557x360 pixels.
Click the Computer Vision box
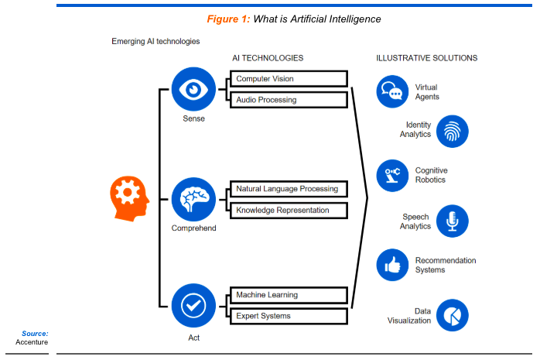(x=288, y=79)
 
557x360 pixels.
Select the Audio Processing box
(x=288, y=99)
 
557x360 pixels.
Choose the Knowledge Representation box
(x=288, y=210)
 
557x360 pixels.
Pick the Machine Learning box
(x=288, y=295)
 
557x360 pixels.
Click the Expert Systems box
(x=288, y=315)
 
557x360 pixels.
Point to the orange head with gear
(x=130, y=197)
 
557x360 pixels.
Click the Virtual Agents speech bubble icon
(x=392, y=91)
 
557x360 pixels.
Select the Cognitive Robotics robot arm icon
(x=392, y=175)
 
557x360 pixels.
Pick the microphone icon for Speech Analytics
(x=453, y=221)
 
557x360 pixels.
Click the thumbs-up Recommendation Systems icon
(x=392, y=265)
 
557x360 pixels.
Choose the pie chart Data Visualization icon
(x=453, y=315)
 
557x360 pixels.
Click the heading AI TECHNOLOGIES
(x=268, y=58)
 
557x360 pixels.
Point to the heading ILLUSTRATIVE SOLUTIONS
(x=426, y=58)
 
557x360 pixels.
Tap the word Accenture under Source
(x=32, y=342)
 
